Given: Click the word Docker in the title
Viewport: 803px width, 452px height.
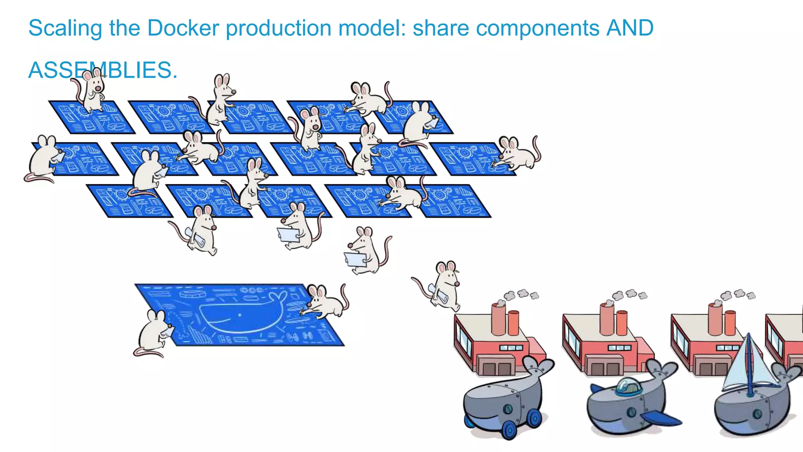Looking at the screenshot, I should pyautogui.click(x=183, y=28).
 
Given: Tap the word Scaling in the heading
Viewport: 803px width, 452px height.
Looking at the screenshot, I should pyautogui.click(x=65, y=28).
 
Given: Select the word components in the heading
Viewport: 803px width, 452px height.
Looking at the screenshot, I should pyautogui.click(x=506, y=28).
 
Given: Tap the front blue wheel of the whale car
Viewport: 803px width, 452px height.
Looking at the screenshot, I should pyautogui.click(x=509, y=430).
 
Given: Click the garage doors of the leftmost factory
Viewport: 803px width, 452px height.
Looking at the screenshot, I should pyautogui.click(x=496, y=368).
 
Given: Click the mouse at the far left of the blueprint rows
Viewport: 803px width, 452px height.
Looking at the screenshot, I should pyautogui.click(x=44, y=157).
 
